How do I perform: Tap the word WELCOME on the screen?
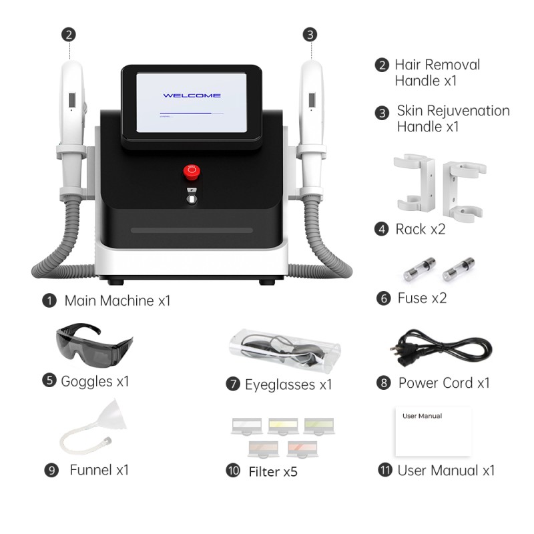(192, 95)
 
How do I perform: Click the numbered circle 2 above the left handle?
(68, 34)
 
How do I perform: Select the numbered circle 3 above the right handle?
(310, 34)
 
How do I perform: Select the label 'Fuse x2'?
(421, 298)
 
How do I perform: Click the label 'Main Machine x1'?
(117, 300)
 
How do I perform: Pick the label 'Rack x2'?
(420, 229)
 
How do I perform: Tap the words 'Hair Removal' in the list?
(437, 65)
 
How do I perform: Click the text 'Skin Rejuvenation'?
(453, 111)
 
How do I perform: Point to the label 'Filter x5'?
(272, 471)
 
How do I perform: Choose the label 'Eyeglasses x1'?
(288, 384)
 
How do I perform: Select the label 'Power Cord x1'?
(444, 382)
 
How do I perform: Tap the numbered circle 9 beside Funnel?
(51, 470)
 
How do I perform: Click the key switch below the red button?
(192, 197)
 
